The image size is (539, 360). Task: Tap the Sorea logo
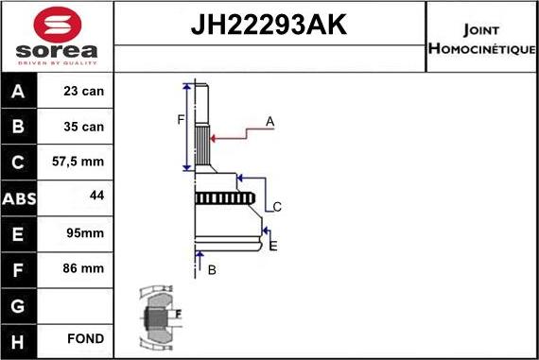pyautogui.click(x=57, y=38)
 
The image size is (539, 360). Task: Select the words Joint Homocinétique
pyautogui.click(x=482, y=38)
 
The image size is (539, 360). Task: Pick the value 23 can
pyautogui.click(x=84, y=93)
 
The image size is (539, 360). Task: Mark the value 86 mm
pyautogui.click(x=84, y=268)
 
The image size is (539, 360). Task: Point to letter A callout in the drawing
pyautogui.click(x=269, y=121)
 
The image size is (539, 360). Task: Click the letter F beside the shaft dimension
pyautogui.click(x=180, y=119)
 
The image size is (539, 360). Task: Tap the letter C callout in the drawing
pyautogui.click(x=277, y=207)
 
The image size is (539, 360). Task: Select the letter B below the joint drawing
pyautogui.click(x=212, y=270)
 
